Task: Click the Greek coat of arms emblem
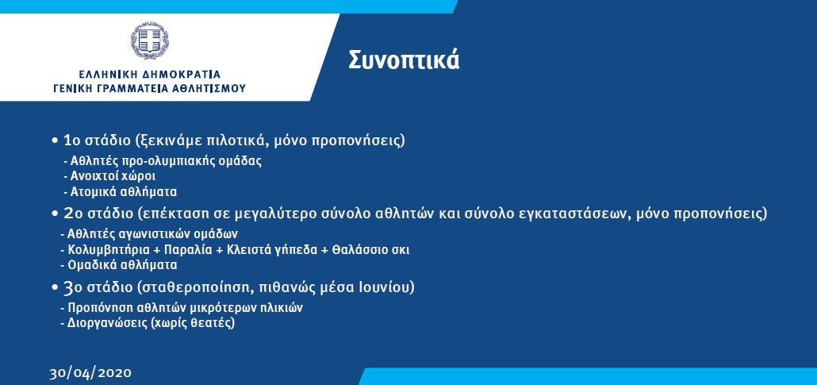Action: (150, 40)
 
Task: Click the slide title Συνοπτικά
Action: (404, 60)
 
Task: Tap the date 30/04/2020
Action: (90, 374)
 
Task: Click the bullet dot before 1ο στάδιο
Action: (55, 141)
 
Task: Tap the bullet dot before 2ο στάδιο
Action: (55, 214)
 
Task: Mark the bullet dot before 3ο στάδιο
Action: (55, 287)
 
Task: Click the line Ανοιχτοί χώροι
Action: (113, 176)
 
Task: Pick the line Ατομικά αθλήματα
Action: (124, 191)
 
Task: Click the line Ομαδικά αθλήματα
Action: (122, 265)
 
